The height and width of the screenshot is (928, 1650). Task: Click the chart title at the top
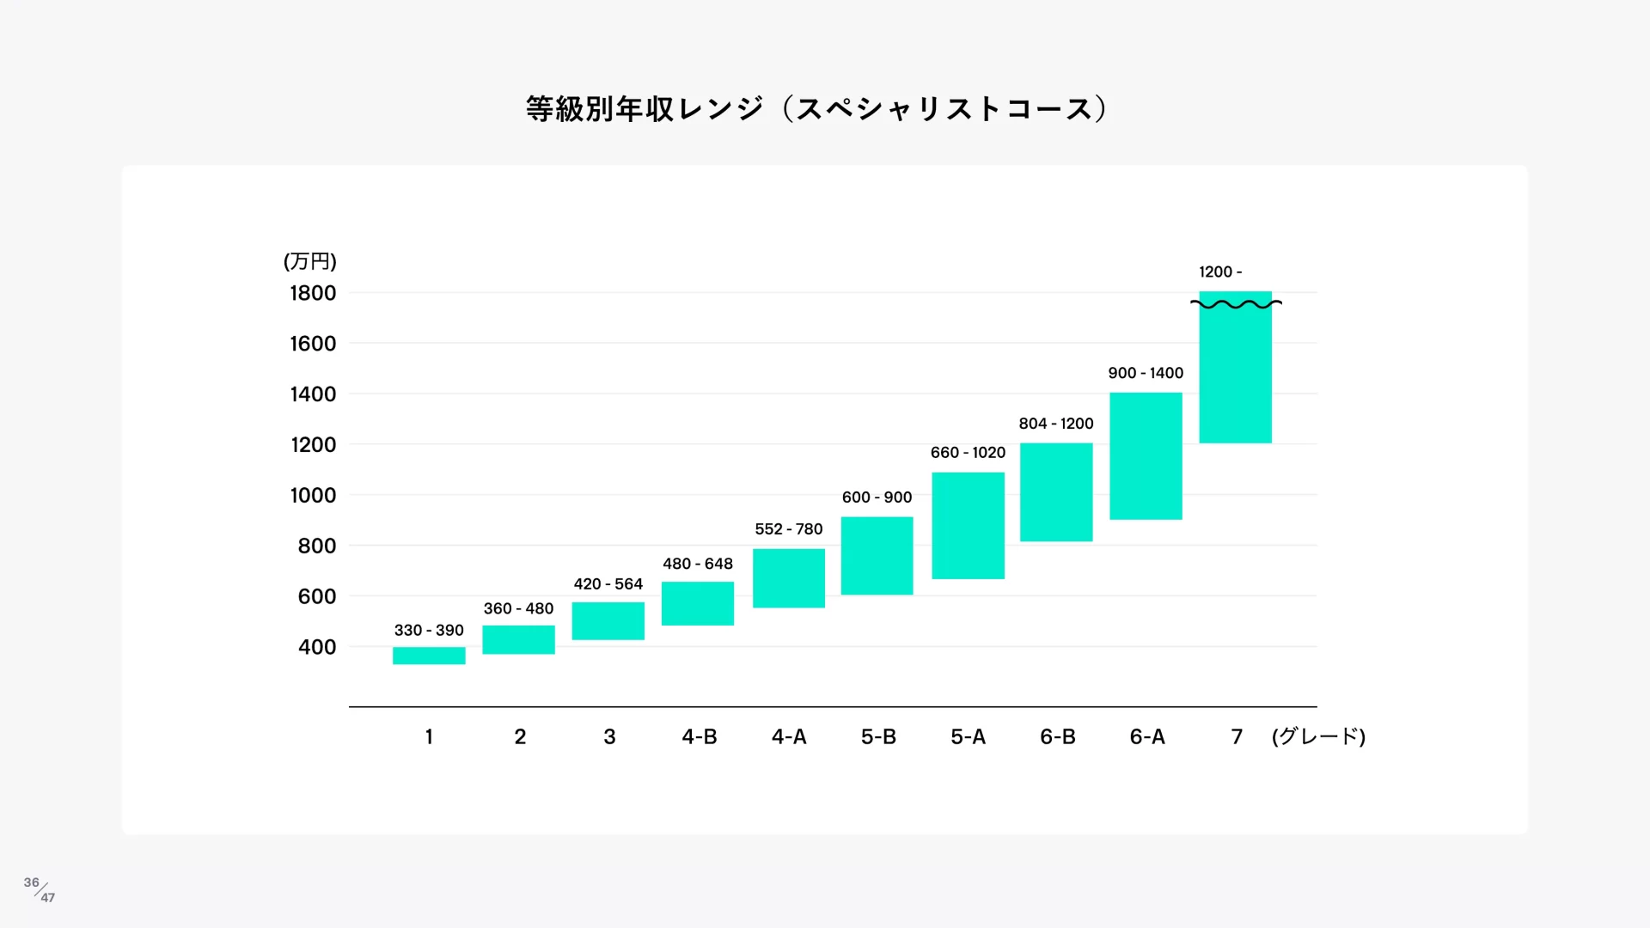click(816, 109)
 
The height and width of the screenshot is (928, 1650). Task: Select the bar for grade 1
click(429, 656)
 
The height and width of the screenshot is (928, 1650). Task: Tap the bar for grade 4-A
click(788, 577)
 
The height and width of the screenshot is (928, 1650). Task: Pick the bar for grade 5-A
click(968, 525)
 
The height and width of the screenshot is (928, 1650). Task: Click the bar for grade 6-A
click(1146, 455)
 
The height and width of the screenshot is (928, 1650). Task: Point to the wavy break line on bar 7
click(1236, 303)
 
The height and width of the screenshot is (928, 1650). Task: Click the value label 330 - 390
click(429, 630)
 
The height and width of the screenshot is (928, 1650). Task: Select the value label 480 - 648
click(697, 564)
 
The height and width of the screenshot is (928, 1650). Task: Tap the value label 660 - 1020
click(968, 452)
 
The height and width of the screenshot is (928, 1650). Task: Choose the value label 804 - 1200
click(1055, 423)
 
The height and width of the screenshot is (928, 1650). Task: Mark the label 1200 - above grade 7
click(1219, 272)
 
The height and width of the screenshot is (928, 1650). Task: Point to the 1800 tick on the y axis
click(313, 293)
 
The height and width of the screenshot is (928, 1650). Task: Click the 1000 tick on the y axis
click(313, 495)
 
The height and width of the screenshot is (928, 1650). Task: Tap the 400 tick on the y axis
click(316, 647)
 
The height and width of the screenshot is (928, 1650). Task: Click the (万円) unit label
click(309, 261)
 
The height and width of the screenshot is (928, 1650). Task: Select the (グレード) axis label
click(1318, 736)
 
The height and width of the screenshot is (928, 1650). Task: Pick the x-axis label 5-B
click(878, 736)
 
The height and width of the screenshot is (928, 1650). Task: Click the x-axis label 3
click(609, 736)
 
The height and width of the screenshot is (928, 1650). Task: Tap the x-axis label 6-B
click(1057, 736)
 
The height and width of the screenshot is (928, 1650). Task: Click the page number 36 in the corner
click(32, 882)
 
